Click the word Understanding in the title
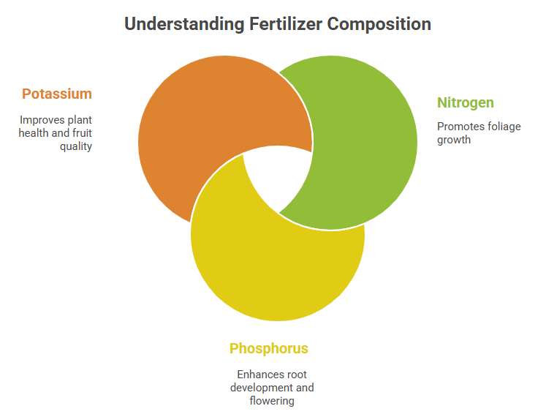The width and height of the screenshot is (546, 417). coord(184,24)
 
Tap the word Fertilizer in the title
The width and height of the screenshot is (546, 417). coord(286,24)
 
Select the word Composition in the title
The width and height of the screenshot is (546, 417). coord(379,25)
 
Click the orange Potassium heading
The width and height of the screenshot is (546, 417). coord(57,94)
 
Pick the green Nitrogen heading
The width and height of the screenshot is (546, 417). coord(465,103)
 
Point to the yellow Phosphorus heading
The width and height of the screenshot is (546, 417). coord(269,349)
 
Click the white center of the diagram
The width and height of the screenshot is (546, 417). coord(278,174)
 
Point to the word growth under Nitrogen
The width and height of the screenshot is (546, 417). coord(454,140)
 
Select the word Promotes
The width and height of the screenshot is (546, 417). coord(458,127)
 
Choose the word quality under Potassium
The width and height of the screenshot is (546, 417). coord(76,146)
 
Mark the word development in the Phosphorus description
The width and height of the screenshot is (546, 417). coord(262,388)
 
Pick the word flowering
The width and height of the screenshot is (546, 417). coord(272,401)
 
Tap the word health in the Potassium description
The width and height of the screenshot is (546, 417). coord(34,133)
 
